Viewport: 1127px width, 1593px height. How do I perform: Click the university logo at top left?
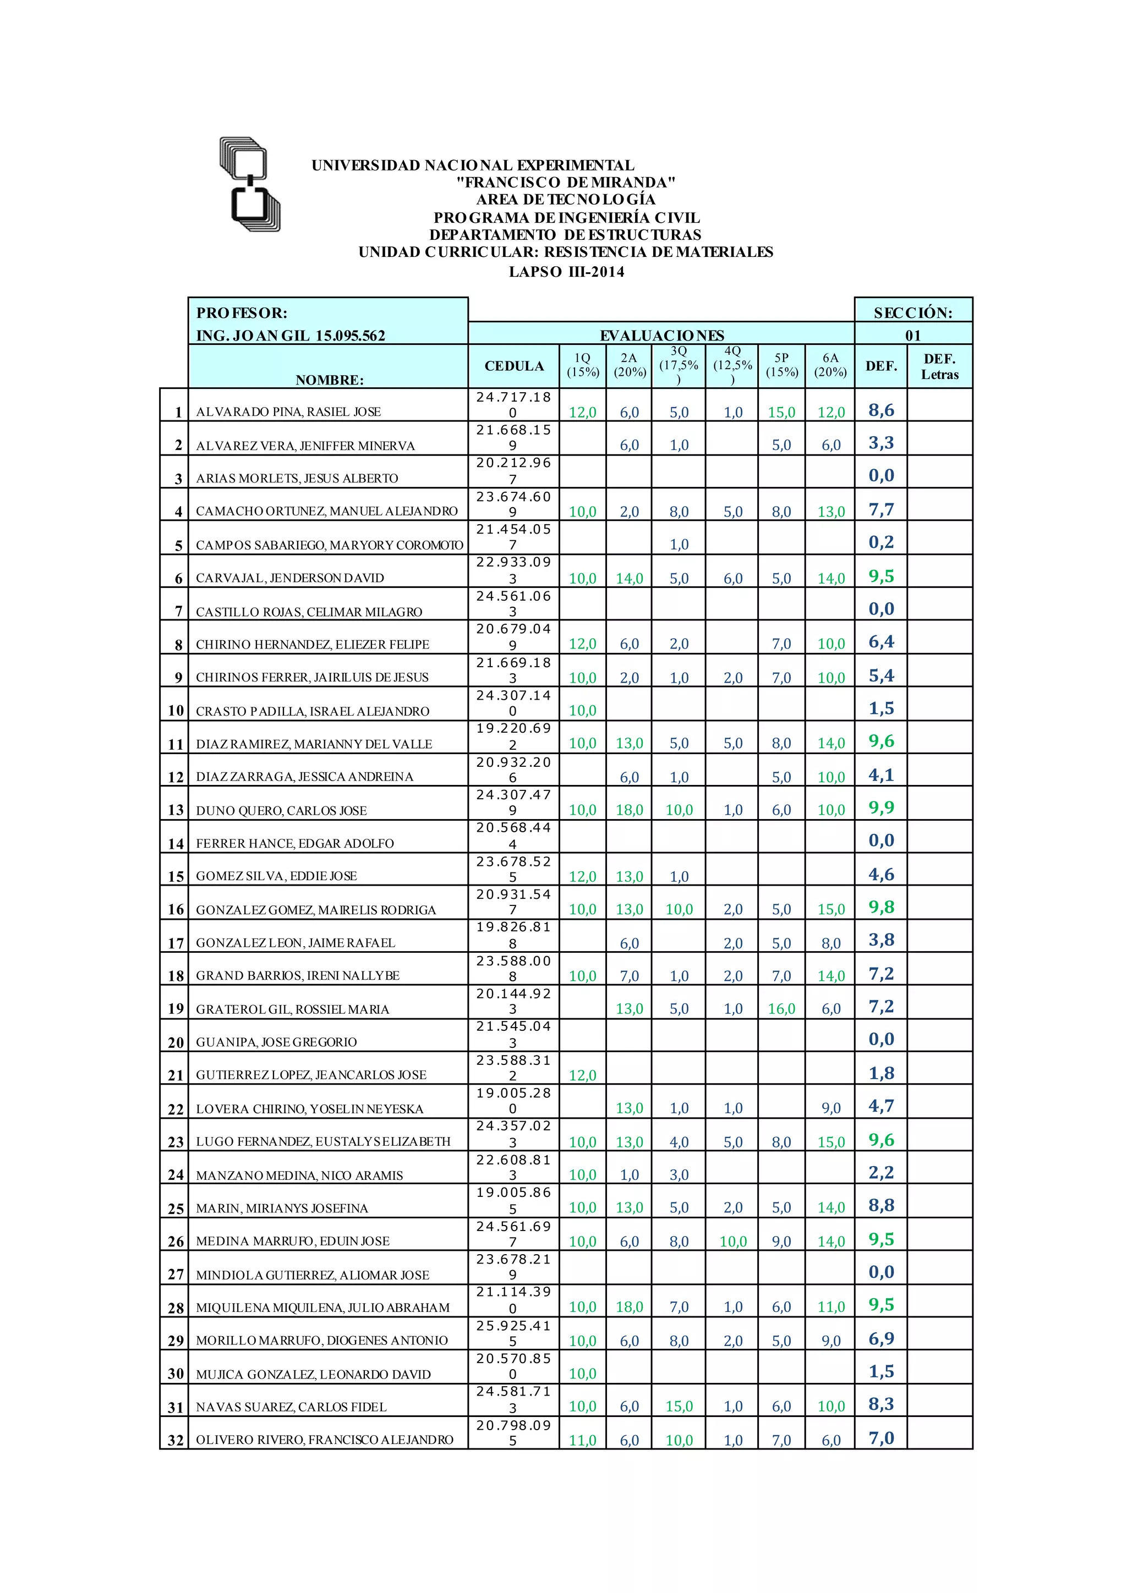[250, 184]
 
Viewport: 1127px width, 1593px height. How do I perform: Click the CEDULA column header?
[513, 366]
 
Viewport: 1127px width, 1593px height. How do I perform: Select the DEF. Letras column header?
[940, 366]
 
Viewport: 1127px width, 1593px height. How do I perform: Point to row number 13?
[176, 810]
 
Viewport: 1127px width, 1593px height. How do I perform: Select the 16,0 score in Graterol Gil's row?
[781, 1009]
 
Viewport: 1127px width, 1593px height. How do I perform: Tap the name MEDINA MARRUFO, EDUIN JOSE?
[292, 1242]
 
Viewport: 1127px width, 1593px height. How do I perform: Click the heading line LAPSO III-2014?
[566, 272]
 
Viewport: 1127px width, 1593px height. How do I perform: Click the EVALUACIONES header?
[661, 336]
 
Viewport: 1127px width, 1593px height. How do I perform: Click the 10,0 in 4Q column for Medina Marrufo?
[733, 1242]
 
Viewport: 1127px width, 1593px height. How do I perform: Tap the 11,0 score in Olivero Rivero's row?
[582, 1441]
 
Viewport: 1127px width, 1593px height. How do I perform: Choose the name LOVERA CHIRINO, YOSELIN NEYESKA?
[309, 1109]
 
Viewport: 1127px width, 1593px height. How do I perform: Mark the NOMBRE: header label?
[329, 380]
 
